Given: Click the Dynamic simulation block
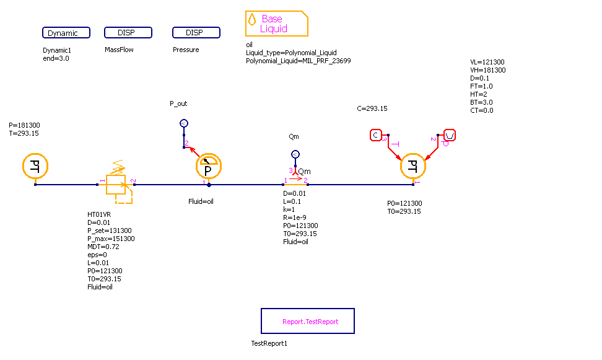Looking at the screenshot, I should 66,33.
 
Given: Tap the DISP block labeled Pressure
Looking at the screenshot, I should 196,33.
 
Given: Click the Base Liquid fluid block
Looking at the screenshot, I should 276,24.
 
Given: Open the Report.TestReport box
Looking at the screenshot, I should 308,322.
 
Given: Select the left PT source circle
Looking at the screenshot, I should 35,166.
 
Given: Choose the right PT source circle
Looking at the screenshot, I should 413,166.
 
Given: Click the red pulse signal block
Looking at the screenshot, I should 450,135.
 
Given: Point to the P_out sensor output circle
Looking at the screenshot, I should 184,123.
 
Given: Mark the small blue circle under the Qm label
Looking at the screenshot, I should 295,154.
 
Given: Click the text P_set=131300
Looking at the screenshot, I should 109,230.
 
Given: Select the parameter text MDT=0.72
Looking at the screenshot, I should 103,247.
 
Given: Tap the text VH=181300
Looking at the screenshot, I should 488,70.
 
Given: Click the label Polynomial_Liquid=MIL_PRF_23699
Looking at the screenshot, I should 299,61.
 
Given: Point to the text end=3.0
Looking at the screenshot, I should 56,58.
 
